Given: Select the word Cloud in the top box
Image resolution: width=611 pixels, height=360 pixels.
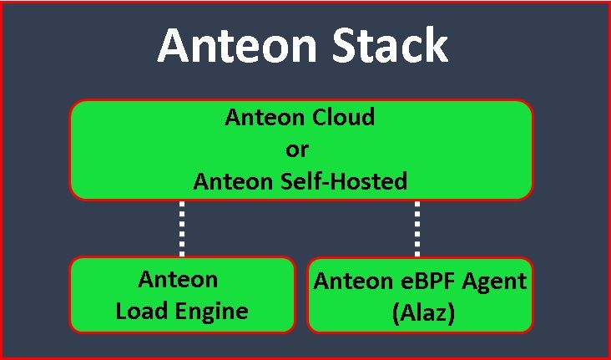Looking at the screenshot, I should (344, 118).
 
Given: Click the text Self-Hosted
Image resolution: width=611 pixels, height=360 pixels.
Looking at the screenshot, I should (346, 181).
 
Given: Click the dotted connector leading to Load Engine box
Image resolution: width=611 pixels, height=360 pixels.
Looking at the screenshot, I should (181, 228).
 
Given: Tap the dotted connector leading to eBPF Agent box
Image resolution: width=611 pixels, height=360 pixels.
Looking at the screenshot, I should (417, 228).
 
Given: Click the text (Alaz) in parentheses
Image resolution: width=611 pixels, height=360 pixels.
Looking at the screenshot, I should (420, 312).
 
